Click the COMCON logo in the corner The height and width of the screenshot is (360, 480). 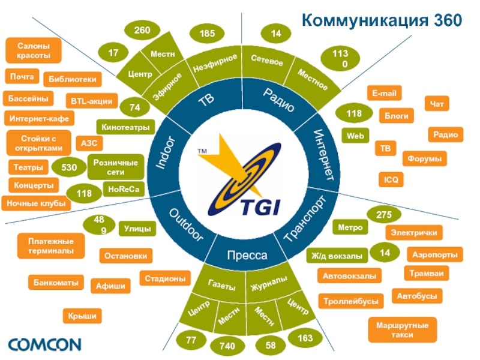coord(44,344)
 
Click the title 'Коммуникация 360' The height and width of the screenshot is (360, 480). coord(382,20)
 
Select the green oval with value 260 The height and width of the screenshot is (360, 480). coord(142,30)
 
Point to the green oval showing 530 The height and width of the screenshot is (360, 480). coord(68,167)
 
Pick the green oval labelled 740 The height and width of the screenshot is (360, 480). coord(227,346)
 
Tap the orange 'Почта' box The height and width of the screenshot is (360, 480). coord(22,77)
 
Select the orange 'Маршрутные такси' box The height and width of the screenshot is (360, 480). coord(403,329)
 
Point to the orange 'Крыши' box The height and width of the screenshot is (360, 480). coord(82,316)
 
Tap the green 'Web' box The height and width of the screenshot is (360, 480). coord(355,136)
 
